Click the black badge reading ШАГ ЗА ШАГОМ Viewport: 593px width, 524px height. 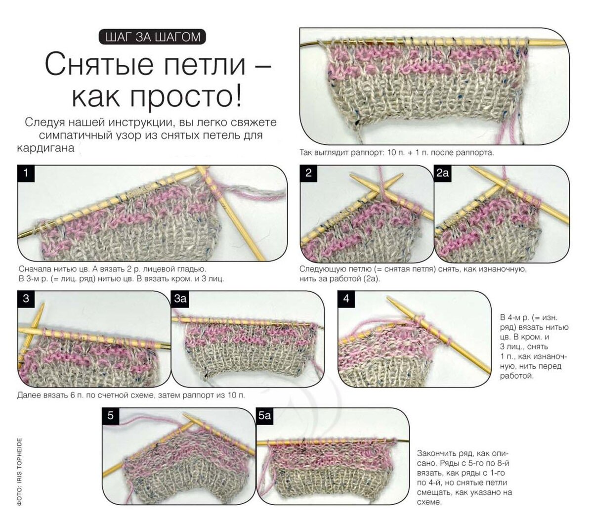(x=152, y=37)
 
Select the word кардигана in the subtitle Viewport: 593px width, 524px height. (x=45, y=148)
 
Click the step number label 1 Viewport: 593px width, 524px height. (x=26, y=174)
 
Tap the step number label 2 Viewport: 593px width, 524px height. (x=308, y=173)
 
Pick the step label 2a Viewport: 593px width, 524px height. (x=443, y=173)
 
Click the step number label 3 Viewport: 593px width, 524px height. (x=26, y=299)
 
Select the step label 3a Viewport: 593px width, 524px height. (x=180, y=299)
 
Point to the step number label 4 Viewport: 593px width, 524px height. (x=346, y=299)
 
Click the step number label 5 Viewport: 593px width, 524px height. (x=110, y=416)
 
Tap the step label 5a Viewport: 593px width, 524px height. (x=265, y=416)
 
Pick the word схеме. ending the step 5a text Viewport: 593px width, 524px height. (x=429, y=502)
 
